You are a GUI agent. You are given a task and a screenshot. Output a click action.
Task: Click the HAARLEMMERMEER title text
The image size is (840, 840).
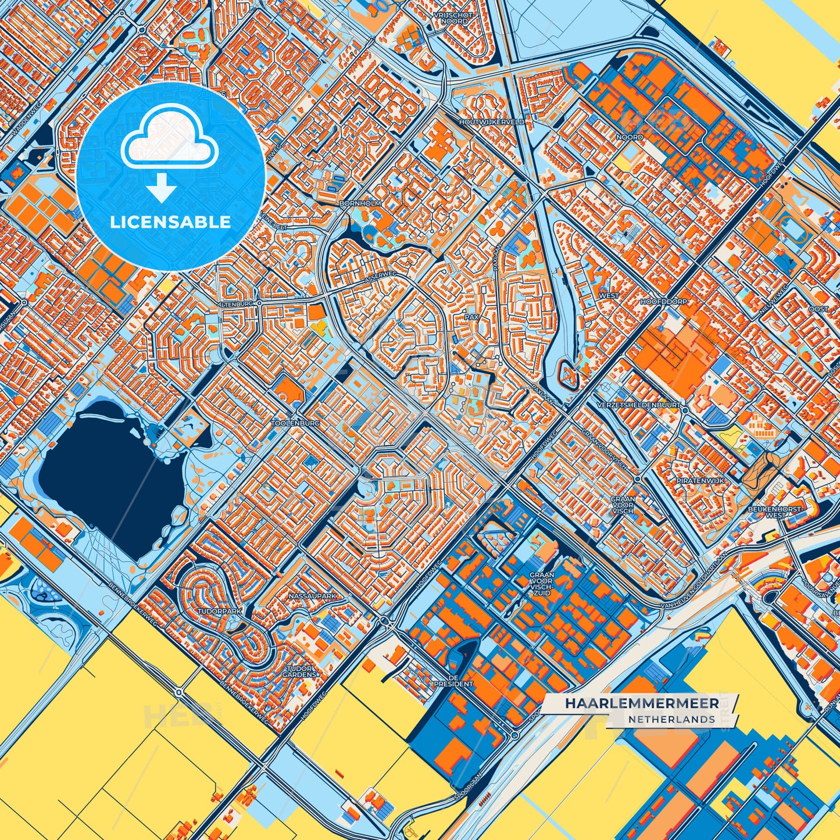(x=641, y=703)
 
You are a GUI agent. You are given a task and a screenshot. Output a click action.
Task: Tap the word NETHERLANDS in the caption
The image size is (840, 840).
(x=671, y=719)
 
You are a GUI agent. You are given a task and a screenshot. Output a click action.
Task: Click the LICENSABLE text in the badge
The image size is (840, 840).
(x=170, y=222)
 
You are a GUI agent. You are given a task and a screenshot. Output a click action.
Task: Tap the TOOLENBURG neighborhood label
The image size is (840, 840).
(x=295, y=424)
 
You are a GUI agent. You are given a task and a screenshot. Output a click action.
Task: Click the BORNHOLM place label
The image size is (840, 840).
(x=360, y=203)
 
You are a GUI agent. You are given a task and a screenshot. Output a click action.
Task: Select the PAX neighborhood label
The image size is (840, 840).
(x=471, y=318)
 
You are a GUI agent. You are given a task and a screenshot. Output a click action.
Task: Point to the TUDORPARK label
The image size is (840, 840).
(x=219, y=612)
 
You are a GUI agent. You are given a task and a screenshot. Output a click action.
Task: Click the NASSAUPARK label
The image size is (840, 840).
(x=312, y=596)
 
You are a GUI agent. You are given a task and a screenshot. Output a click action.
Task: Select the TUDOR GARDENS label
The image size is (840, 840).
(x=300, y=672)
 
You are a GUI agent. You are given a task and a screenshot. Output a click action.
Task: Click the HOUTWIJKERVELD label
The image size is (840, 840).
(x=491, y=122)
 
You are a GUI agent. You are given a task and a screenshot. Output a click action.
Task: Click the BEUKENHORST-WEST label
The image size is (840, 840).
(x=783, y=512)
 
